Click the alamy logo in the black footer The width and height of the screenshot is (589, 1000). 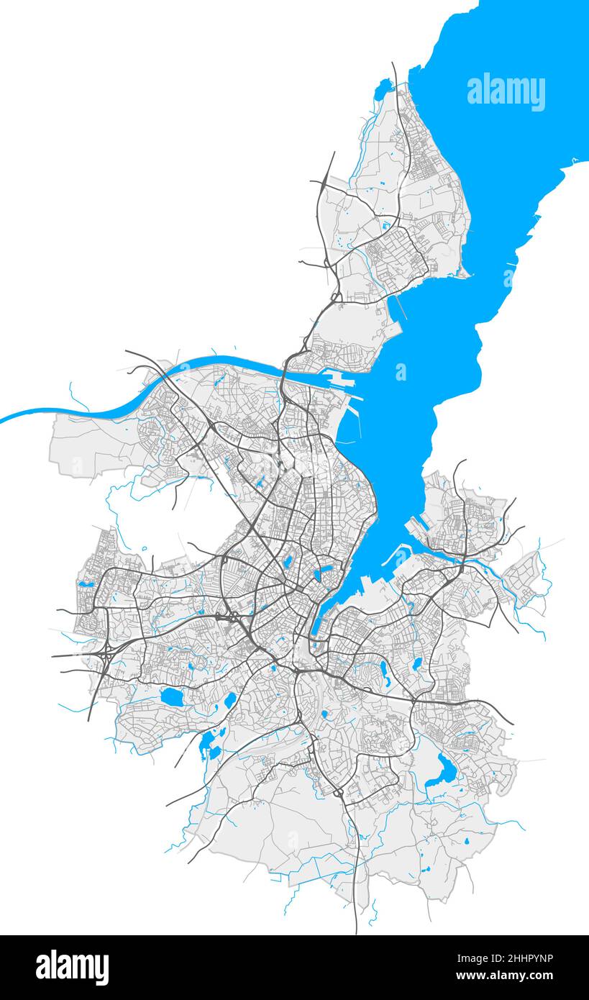pyautogui.click(x=72, y=968)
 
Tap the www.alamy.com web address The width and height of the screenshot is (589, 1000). pyautogui.click(x=505, y=976)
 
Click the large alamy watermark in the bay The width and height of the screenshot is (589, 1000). pyautogui.click(x=506, y=91)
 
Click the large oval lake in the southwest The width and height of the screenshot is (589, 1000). pyautogui.click(x=171, y=696)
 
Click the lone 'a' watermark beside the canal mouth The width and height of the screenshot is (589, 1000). pyautogui.click(x=401, y=372)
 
